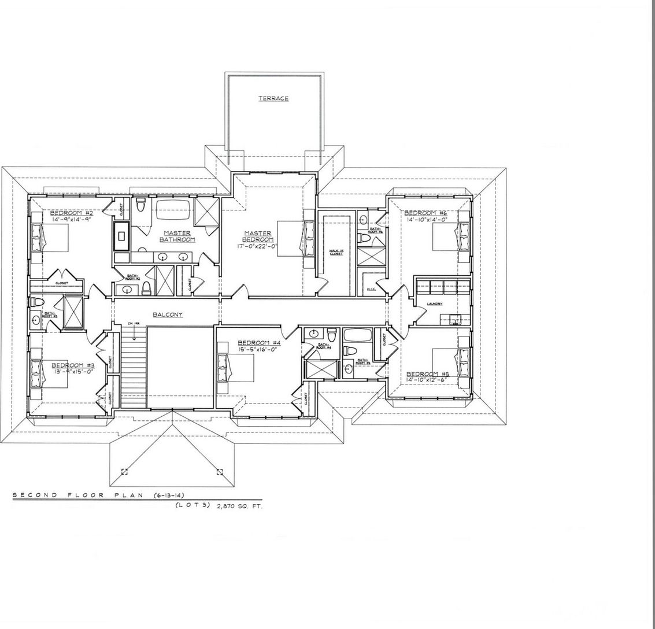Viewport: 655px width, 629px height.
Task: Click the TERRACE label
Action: [x=273, y=99]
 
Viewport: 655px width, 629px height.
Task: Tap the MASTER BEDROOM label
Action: [x=258, y=236]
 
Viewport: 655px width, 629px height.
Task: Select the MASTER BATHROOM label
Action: [x=177, y=236]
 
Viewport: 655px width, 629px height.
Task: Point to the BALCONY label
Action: [x=168, y=314]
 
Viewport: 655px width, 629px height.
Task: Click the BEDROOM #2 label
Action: [x=72, y=212]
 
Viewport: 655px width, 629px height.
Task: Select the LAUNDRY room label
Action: [x=435, y=304]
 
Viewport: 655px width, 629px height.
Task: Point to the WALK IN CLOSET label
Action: [x=335, y=252]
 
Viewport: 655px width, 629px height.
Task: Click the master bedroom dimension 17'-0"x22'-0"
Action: [x=258, y=246]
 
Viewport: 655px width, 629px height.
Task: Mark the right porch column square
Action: [x=220, y=472]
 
